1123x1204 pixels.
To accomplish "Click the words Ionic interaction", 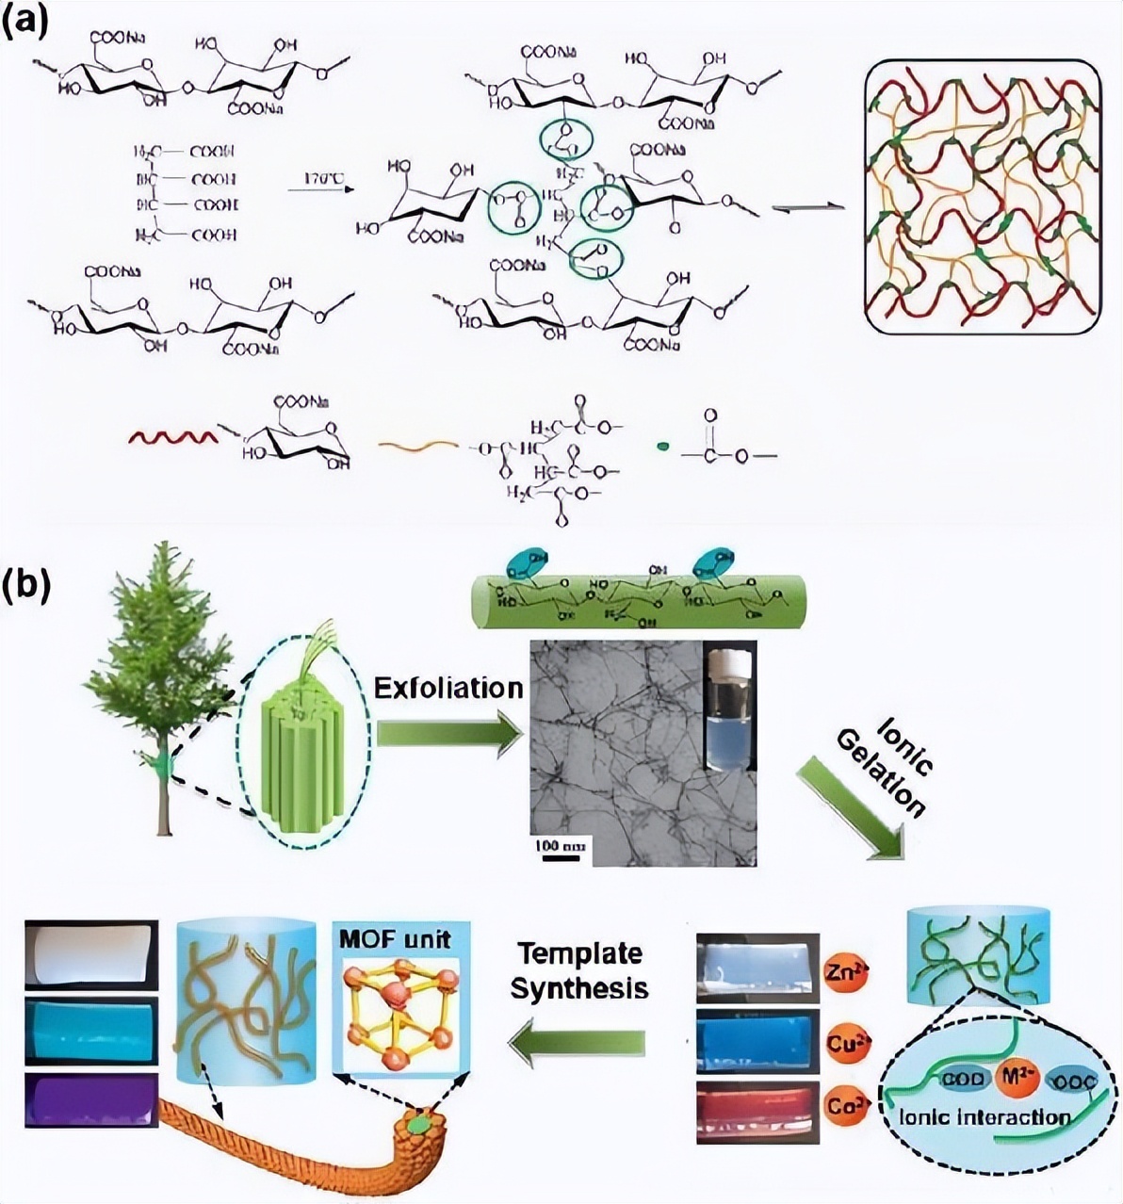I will tap(985, 1118).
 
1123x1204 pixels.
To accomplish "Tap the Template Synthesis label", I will tap(581, 970).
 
